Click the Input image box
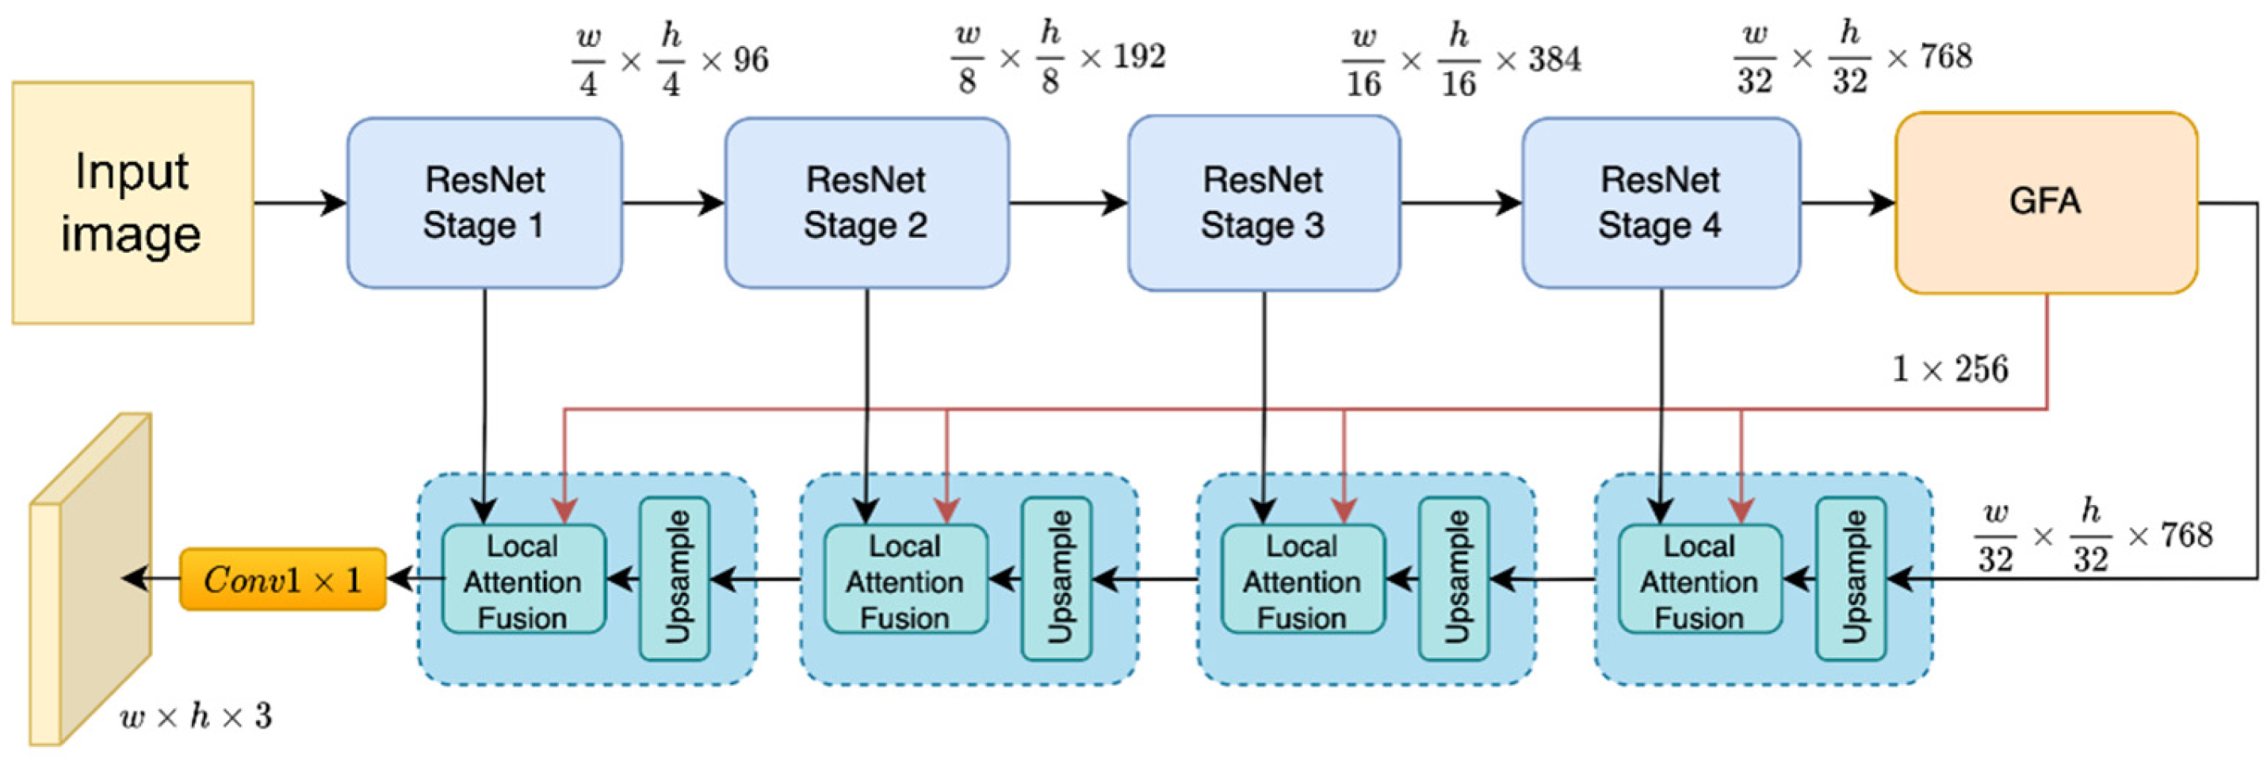click(x=132, y=202)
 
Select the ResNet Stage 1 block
click(x=484, y=202)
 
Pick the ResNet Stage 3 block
click(x=1263, y=202)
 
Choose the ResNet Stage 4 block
click(x=1660, y=202)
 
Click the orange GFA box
click(x=2045, y=202)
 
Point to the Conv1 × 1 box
click(x=282, y=580)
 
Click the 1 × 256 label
click(x=1950, y=369)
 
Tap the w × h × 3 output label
click(x=195, y=717)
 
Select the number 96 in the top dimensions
click(x=751, y=60)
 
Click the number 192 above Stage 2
click(x=1140, y=57)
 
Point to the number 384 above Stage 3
click(x=1554, y=60)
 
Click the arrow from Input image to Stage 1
click(x=299, y=203)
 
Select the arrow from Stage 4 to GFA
click(x=1846, y=203)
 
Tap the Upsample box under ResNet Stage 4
click(x=1850, y=578)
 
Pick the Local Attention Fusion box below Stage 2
click(x=904, y=580)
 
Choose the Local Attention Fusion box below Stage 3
click(x=1302, y=580)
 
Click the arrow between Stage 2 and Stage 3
click(x=1067, y=203)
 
